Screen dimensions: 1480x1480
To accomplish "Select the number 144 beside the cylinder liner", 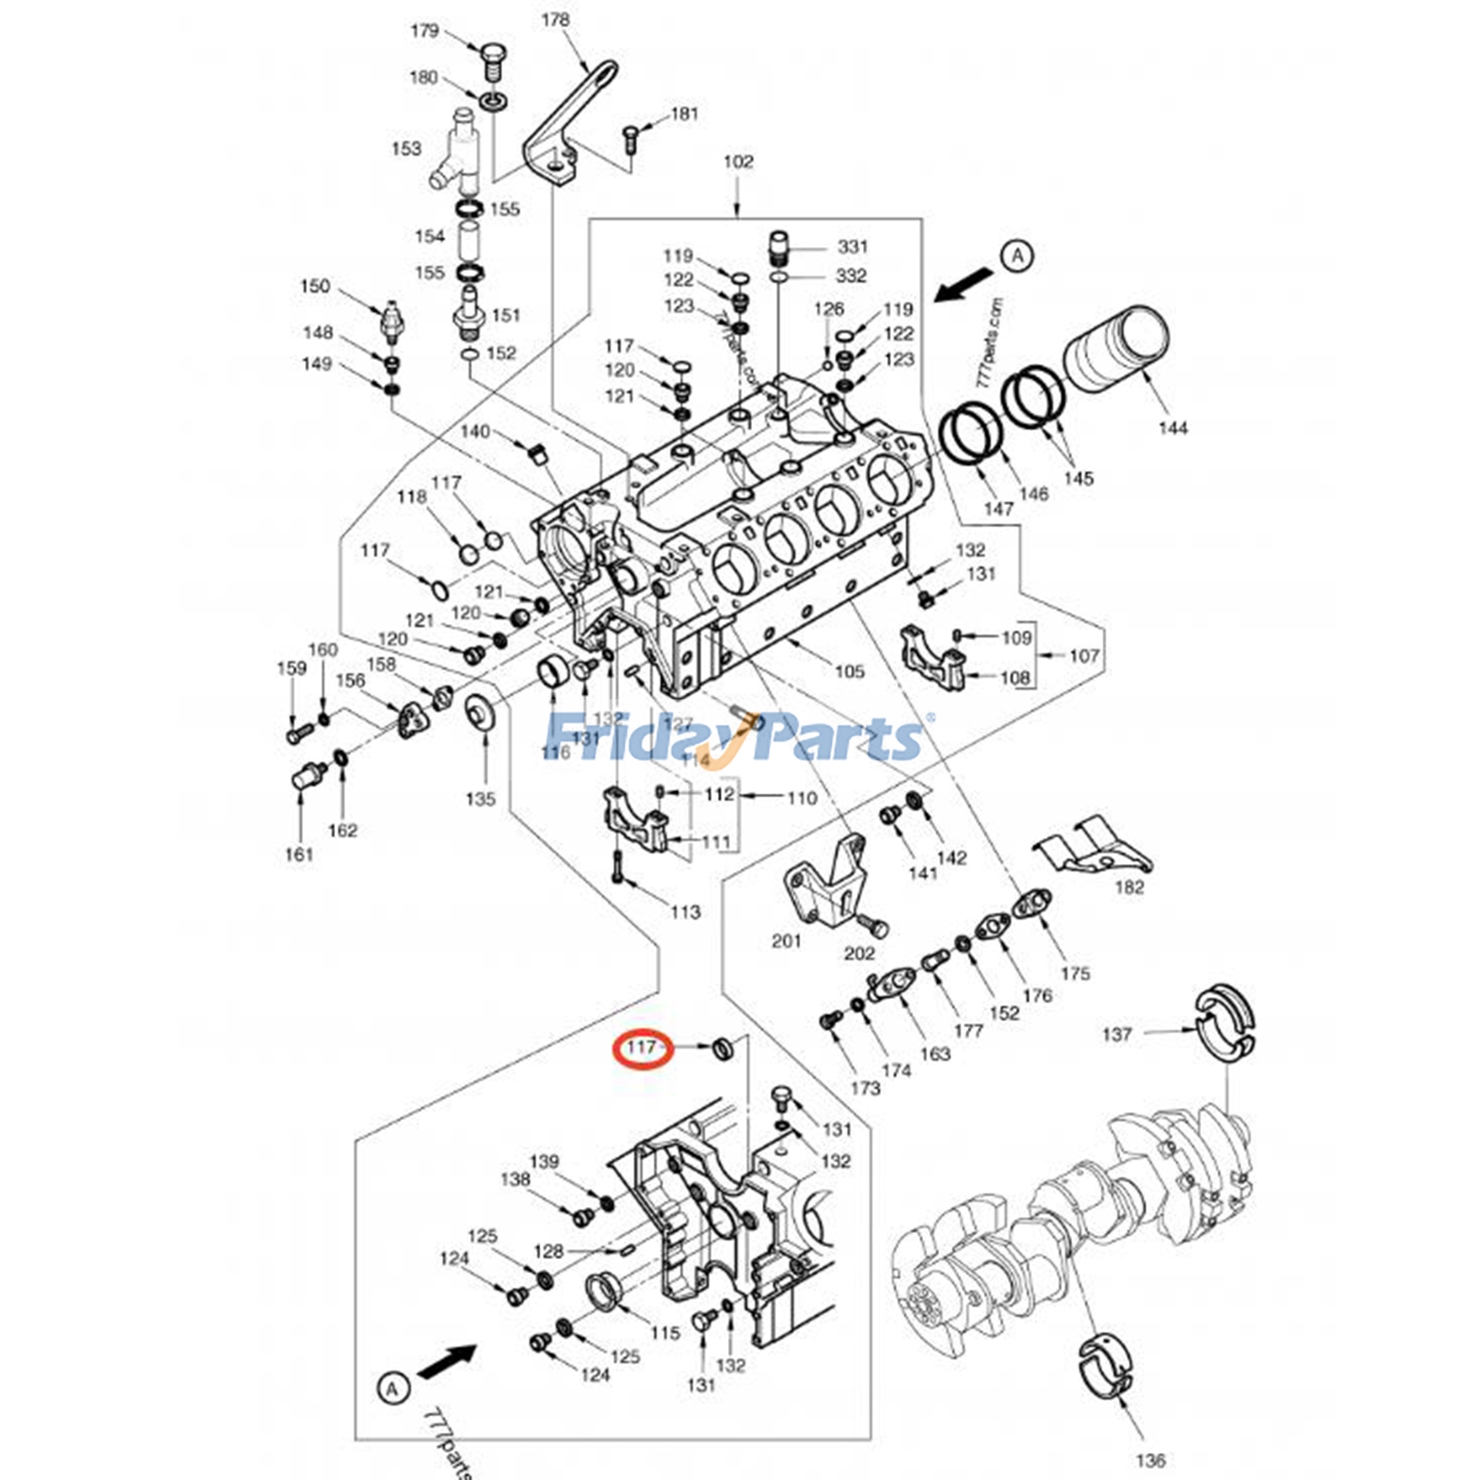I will tap(1172, 427).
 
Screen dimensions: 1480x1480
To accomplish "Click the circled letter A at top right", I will tap(1017, 254).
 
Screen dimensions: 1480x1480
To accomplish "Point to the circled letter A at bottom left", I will tap(393, 1388).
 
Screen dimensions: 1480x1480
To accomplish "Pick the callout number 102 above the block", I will tap(737, 162).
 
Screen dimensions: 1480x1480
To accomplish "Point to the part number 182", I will tap(1128, 887).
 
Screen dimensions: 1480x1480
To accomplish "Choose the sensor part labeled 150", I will tap(392, 319).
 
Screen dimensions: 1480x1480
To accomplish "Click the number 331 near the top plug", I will tap(852, 246).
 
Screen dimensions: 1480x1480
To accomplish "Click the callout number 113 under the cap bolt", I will tap(684, 912).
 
